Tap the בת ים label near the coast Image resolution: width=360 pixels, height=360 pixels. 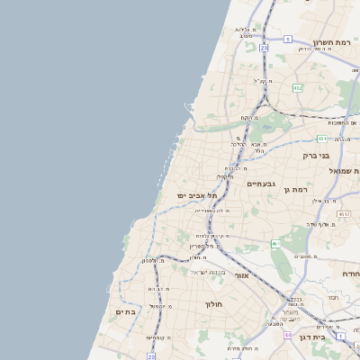[x=125, y=311]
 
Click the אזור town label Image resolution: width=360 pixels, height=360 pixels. [x=240, y=275]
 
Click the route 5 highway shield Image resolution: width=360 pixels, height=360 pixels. [x=288, y=39]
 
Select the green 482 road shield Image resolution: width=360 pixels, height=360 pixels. [x=297, y=87]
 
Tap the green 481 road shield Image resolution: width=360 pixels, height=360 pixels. [x=321, y=139]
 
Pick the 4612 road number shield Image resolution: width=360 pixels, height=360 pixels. [x=344, y=214]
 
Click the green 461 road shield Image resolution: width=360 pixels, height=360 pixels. [x=276, y=244]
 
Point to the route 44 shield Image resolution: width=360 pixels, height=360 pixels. [x=287, y=334]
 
